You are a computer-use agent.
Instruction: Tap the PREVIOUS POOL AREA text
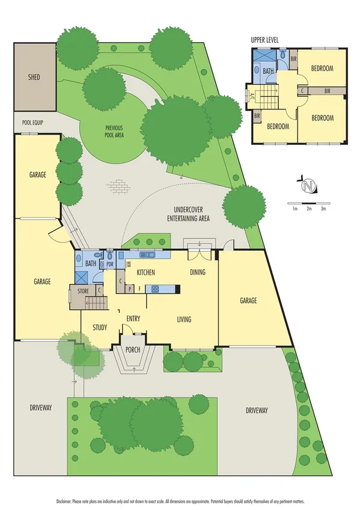[x=114, y=131]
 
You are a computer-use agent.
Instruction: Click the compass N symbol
[x=308, y=185]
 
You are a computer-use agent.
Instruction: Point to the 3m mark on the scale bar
[x=323, y=209]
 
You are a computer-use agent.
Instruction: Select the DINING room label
[x=198, y=272]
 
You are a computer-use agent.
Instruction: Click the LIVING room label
[x=184, y=319]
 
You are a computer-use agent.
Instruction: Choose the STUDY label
[x=100, y=327]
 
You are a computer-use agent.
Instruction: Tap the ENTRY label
[x=133, y=319]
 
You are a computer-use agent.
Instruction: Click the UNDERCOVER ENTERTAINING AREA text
[x=188, y=215]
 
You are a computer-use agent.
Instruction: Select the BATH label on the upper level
[x=267, y=71]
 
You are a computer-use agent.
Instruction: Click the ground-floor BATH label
[x=91, y=263]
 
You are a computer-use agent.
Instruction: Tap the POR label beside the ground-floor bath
[x=109, y=264]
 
